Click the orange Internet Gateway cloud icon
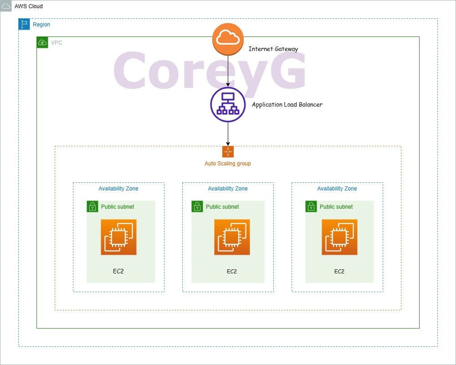[228, 39]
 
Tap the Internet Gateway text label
[273, 49]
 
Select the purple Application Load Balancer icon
[228, 104]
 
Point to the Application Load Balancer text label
[287, 104]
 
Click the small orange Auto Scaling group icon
[228, 152]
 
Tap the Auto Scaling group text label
[228, 164]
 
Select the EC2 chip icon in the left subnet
[118, 237]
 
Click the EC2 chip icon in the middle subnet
[232, 237]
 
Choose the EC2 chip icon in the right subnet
[339, 237]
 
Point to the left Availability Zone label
[118, 189]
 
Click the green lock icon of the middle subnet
[197, 206]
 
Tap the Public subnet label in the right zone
[336, 207]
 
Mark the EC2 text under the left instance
[118, 272]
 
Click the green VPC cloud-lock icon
[42, 43]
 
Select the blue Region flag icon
[24, 25]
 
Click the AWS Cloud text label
[29, 6]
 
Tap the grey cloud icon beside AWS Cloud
[6, 6]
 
